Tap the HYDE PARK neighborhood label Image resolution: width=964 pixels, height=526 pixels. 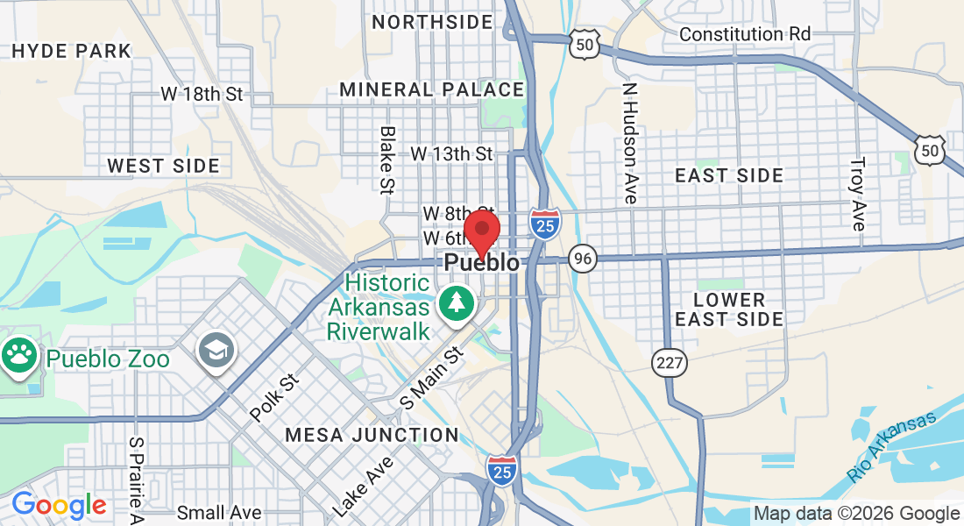click(72, 51)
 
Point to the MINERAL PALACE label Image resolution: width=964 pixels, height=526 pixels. click(432, 89)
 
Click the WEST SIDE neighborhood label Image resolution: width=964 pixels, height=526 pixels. click(164, 166)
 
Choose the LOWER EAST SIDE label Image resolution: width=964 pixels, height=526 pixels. click(729, 309)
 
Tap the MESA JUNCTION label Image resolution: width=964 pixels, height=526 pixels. click(372, 435)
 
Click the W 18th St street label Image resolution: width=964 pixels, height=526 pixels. click(202, 94)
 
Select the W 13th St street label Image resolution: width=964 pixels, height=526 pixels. click(451, 154)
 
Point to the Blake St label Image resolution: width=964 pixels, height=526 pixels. click(386, 159)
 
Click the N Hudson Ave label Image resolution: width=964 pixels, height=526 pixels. click(629, 144)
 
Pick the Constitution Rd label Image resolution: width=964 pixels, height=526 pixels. click(745, 34)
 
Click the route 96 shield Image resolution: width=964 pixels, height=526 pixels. click(582, 258)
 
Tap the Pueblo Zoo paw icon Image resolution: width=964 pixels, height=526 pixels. click(19, 355)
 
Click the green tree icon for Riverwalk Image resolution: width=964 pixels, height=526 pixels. click(456, 304)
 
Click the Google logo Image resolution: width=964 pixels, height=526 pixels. click(59, 506)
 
